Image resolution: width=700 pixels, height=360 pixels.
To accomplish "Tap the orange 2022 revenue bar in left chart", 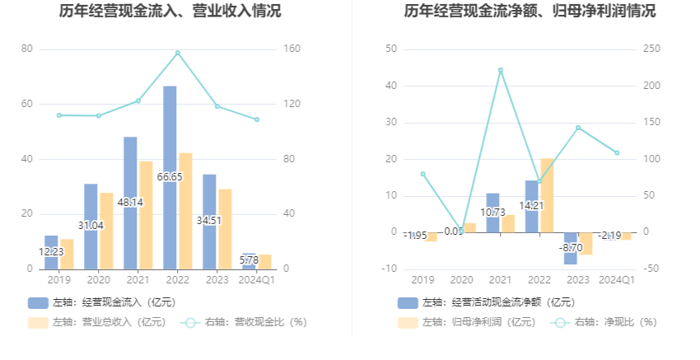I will point(185,211).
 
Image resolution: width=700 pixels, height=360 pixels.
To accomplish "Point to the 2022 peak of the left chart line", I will point(177,53).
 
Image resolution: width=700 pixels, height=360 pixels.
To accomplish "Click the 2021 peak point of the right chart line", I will point(500,70).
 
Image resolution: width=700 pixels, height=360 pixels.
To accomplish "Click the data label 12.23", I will point(51,251).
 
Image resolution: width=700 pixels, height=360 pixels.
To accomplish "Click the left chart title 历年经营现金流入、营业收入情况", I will point(170,12).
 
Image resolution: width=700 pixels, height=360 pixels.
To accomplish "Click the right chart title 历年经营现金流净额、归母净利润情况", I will point(530,12).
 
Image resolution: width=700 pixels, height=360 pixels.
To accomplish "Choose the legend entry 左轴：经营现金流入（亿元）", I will point(101,302).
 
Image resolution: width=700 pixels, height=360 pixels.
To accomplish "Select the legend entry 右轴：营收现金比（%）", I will point(245,322).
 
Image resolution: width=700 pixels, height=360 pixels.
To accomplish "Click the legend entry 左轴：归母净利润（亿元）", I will point(467,322).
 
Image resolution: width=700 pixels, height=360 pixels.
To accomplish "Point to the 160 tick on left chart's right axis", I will point(292,49).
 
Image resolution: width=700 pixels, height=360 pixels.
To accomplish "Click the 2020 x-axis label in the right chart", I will point(461,280).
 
